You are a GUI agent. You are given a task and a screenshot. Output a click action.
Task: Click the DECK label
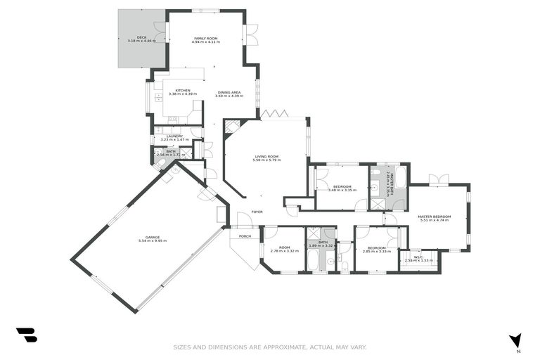(x=141, y=37)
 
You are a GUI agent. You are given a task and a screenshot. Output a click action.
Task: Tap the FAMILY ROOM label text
(x=206, y=37)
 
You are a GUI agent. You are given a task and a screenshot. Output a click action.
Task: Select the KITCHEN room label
(x=183, y=90)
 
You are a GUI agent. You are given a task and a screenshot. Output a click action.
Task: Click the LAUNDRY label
(x=175, y=136)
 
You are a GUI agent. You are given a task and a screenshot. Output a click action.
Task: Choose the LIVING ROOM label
(x=266, y=156)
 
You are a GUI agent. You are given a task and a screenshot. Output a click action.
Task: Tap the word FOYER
(x=257, y=212)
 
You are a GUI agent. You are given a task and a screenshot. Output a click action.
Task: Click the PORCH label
(x=245, y=236)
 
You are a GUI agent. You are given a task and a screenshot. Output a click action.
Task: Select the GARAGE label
(x=153, y=237)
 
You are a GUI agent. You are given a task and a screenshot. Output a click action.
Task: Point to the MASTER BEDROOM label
(x=434, y=216)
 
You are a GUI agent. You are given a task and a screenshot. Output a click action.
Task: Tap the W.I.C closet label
(x=418, y=257)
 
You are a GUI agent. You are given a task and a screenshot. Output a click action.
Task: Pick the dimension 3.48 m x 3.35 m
(x=342, y=190)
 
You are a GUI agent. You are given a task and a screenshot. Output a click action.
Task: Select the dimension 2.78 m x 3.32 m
(x=284, y=251)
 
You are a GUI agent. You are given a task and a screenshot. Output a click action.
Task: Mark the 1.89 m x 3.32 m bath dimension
(x=323, y=246)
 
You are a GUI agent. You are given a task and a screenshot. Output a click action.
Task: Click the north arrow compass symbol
(x=517, y=341)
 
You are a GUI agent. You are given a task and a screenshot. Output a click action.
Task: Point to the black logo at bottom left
(x=26, y=335)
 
